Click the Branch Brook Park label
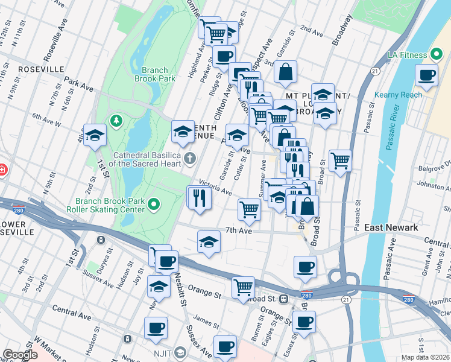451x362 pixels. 155,74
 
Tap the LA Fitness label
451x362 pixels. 408,55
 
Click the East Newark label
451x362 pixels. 391,227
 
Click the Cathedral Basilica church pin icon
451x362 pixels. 190,159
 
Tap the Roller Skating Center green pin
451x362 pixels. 155,206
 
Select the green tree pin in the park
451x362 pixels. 115,121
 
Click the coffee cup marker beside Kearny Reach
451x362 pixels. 427,75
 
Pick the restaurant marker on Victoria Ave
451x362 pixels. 200,197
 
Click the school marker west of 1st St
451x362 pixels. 95,136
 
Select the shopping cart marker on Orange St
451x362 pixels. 243,287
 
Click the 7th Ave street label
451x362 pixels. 238,230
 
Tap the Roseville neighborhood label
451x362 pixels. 41,69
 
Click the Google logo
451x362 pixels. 20,355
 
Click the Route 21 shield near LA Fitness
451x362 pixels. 375,71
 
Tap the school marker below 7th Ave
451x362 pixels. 209,242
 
